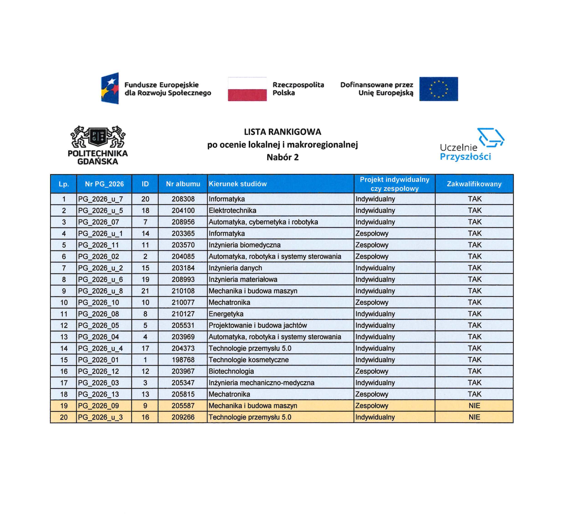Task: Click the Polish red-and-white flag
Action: pos(247,89)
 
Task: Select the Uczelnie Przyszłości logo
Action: pos(472,144)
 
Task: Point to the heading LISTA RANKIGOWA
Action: pos(282,132)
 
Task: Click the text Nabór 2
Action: pos(282,157)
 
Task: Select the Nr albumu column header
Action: pos(183,184)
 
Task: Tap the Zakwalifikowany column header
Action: pos(474,184)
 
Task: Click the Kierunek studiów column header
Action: pos(238,184)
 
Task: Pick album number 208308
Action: pos(183,199)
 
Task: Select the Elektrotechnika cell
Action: pos(232,211)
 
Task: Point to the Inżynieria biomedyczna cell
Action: pos(244,245)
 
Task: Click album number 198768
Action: pos(183,360)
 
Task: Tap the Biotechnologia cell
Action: pos(231,371)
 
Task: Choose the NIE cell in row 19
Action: pos(474,406)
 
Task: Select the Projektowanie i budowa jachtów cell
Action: pos(257,325)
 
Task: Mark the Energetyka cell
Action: pos(226,314)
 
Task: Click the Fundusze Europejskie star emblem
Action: pos(110,88)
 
